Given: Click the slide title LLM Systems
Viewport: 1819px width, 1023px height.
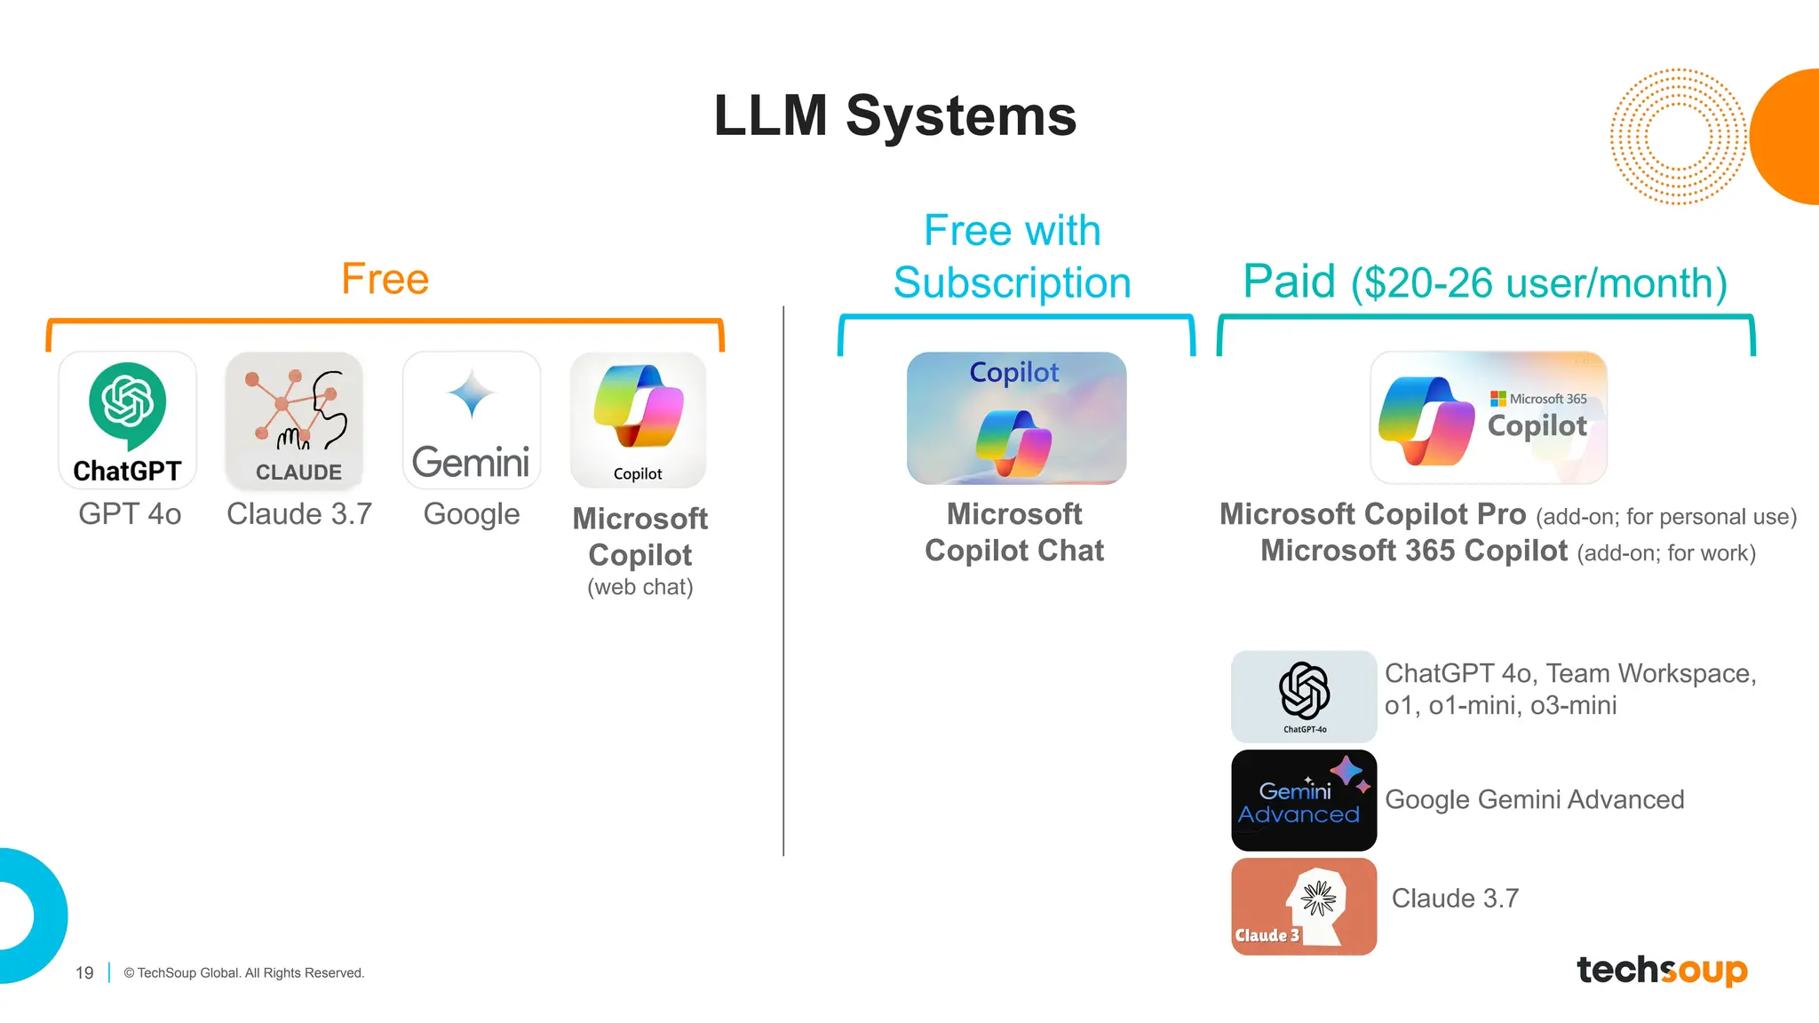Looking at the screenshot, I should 894,116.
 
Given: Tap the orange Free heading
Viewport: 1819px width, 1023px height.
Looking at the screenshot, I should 385,279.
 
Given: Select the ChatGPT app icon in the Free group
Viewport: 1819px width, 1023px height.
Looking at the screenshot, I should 127,420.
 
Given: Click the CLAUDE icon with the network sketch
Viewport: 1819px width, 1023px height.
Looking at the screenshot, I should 294,420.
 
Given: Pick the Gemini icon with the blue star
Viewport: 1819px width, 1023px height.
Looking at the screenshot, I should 472,420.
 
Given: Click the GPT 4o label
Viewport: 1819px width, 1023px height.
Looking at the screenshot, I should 130,514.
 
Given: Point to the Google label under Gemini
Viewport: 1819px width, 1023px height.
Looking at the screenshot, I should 472,514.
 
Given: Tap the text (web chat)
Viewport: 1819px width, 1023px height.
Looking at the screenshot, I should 639,587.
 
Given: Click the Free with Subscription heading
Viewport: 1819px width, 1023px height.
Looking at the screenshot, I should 1013,257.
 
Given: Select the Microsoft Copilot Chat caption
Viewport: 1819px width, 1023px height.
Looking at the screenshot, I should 1014,532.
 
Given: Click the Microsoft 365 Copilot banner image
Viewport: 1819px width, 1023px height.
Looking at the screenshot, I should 1489,418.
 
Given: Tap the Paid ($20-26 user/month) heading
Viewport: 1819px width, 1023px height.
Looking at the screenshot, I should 1485,282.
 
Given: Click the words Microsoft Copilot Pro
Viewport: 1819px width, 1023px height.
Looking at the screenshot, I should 1372,514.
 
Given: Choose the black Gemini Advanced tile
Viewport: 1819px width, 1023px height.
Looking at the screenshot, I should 1304,800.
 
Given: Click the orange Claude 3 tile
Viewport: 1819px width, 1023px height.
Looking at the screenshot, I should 1304,907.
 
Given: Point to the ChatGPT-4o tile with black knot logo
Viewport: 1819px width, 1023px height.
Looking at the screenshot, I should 1304,696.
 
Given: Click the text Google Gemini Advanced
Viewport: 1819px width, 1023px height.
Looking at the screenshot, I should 1534,800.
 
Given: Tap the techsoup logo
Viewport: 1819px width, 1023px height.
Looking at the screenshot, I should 1662,970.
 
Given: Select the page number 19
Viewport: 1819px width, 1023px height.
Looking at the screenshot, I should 84,973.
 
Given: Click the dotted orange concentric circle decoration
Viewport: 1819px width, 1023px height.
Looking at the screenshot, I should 1677,137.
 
